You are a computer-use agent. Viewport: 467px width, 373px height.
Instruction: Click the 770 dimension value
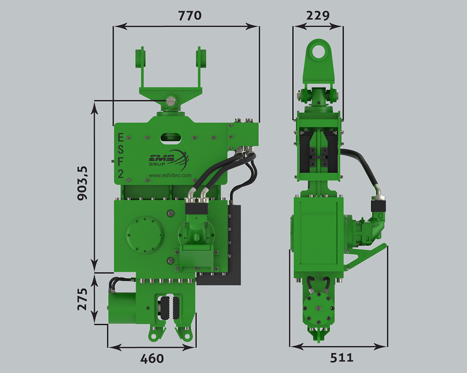coord(190,15)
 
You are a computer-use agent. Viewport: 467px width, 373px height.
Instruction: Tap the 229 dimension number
coord(318,15)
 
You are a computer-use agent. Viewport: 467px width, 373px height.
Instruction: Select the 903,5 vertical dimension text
coord(83,183)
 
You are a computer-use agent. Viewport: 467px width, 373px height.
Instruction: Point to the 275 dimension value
coord(83,299)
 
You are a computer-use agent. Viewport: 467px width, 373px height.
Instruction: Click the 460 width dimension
coord(152,359)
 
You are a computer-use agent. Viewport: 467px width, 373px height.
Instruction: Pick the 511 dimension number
coord(342,358)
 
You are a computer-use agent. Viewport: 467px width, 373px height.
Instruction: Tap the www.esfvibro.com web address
coord(170,175)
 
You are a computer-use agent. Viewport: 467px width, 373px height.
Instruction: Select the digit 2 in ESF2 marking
coord(120,173)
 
